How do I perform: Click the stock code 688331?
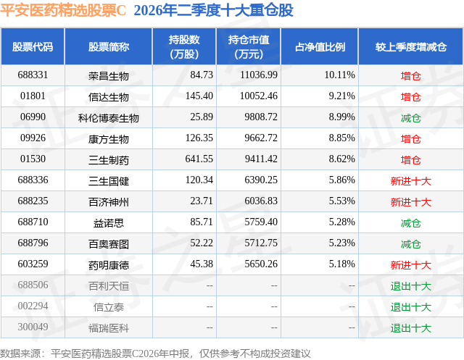(33, 75)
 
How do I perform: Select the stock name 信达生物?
(108, 97)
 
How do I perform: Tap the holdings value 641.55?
(199, 159)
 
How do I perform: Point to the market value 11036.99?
(259, 75)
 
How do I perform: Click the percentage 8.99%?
(341, 117)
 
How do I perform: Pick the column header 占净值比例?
(320, 47)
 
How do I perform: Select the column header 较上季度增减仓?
(411, 47)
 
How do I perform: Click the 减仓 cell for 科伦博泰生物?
(411, 118)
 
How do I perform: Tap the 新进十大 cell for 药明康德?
(411, 265)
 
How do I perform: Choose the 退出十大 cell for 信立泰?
(411, 307)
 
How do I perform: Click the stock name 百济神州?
(108, 202)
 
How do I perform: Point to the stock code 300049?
(33, 327)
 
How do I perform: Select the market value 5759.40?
(261, 222)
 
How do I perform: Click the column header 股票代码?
(33, 47)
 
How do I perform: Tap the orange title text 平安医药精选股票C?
(63, 10)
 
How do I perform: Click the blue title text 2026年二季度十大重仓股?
(213, 10)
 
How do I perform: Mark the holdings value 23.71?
(202, 201)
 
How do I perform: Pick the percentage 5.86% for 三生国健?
(341, 180)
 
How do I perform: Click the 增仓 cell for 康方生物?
(411, 139)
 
